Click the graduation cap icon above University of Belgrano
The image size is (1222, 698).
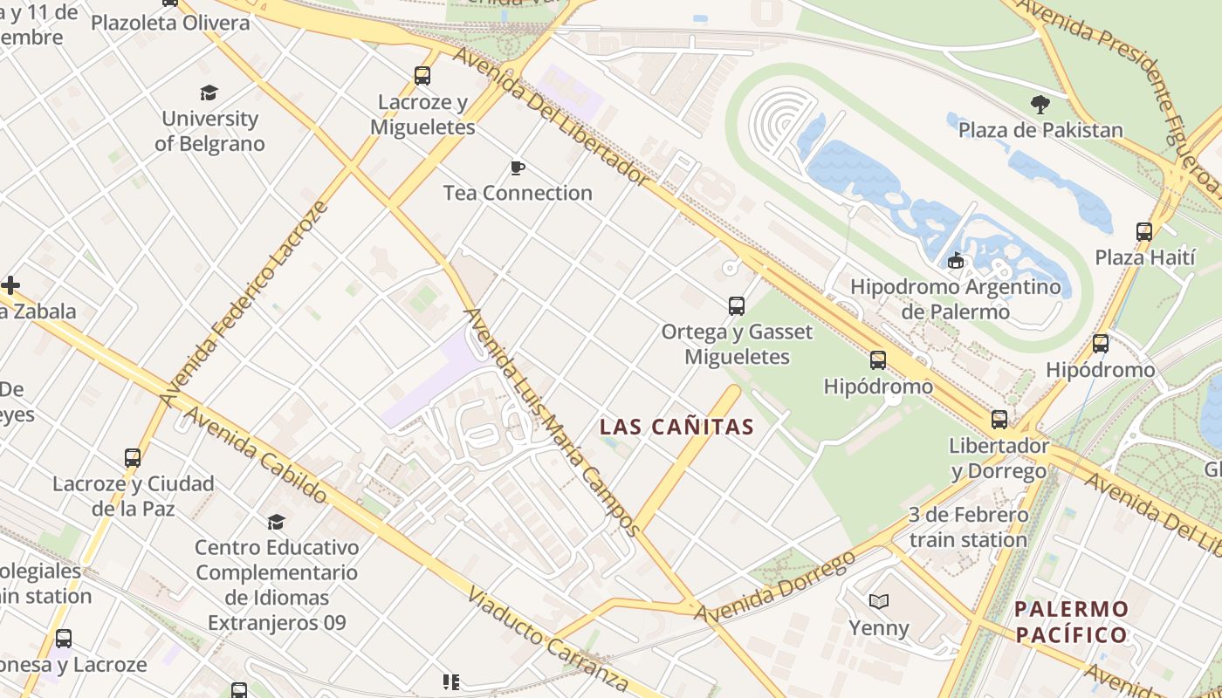pyautogui.click(x=209, y=92)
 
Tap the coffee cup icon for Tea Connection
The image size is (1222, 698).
pyautogui.click(x=518, y=168)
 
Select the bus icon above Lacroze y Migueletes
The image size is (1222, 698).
pyautogui.click(x=422, y=76)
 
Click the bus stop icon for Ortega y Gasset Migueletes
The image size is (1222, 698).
pyautogui.click(x=737, y=306)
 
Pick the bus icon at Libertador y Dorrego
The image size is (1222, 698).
pyautogui.click(x=999, y=420)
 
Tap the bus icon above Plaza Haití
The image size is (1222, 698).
pyautogui.click(x=1144, y=232)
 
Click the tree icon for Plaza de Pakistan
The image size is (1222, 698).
pyautogui.click(x=1040, y=105)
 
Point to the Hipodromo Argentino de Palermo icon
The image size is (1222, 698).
pyautogui.click(x=957, y=261)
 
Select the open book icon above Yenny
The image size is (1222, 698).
pyautogui.click(x=879, y=601)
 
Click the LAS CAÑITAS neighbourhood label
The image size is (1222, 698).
pyautogui.click(x=676, y=427)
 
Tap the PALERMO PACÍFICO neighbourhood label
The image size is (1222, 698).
pyautogui.click(x=1072, y=621)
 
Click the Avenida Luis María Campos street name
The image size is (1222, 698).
pyautogui.click(x=551, y=421)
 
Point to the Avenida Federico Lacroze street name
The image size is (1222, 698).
pyautogui.click(x=245, y=302)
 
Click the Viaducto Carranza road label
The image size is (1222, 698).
pyautogui.click(x=548, y=640)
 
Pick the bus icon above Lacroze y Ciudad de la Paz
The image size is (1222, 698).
pyautogui.click(x=133, y=458)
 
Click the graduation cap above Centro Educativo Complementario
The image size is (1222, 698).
pyautogui.click(x=277, y=522)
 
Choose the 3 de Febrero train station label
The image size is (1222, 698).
pyautogui.click(x=968, y=527)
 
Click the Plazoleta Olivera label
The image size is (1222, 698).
pyautogui.click(x=170, y=23)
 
